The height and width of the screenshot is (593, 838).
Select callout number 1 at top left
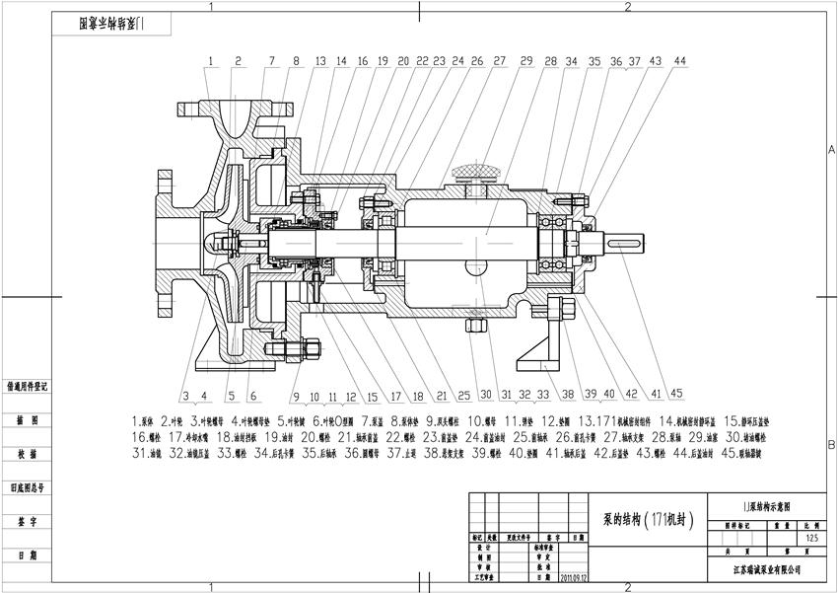[210, 61]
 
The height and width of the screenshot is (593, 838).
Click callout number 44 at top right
[679, 61]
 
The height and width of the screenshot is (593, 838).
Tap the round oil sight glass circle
[478, 266]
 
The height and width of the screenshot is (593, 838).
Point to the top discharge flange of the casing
[230, 102]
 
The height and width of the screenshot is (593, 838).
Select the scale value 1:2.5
[811, 538]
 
